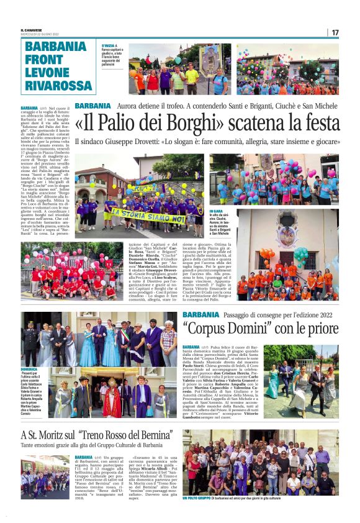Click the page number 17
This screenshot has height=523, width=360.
(x=335, y=32)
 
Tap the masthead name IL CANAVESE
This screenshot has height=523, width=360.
(x=32, y=30)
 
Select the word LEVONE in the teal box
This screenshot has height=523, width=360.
(x=47, y=71)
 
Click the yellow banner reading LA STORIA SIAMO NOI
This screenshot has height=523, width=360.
(x=153, y=218)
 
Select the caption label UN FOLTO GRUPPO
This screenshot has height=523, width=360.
(x=196, y=498)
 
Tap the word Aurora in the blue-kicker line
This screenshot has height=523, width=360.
(x=128, y=106)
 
